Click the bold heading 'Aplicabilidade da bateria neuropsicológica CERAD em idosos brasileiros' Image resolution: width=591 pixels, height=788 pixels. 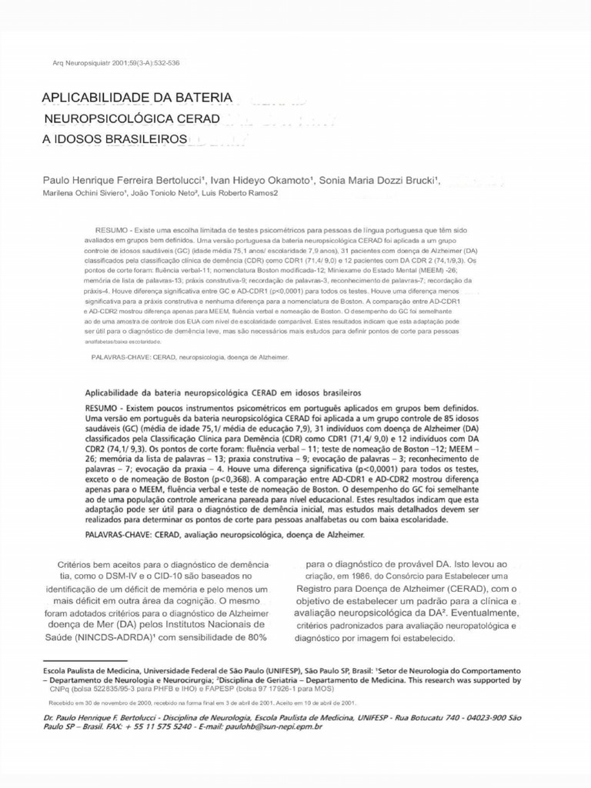[x=222, y=392]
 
